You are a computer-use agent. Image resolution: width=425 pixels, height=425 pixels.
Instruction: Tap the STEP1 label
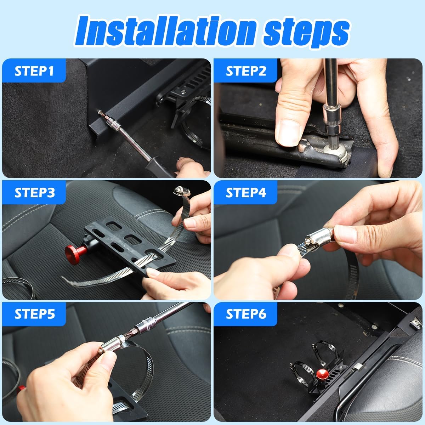click(x=34, y=71)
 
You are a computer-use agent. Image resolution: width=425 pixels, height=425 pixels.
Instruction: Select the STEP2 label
click(x=246, y=71)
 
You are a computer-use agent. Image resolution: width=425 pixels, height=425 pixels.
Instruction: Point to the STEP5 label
click(x=35, y=314)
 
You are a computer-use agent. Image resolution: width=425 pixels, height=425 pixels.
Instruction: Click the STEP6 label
click(x=246, y=314)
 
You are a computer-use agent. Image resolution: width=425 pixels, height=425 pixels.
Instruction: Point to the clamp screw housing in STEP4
click(x=318, y=236)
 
